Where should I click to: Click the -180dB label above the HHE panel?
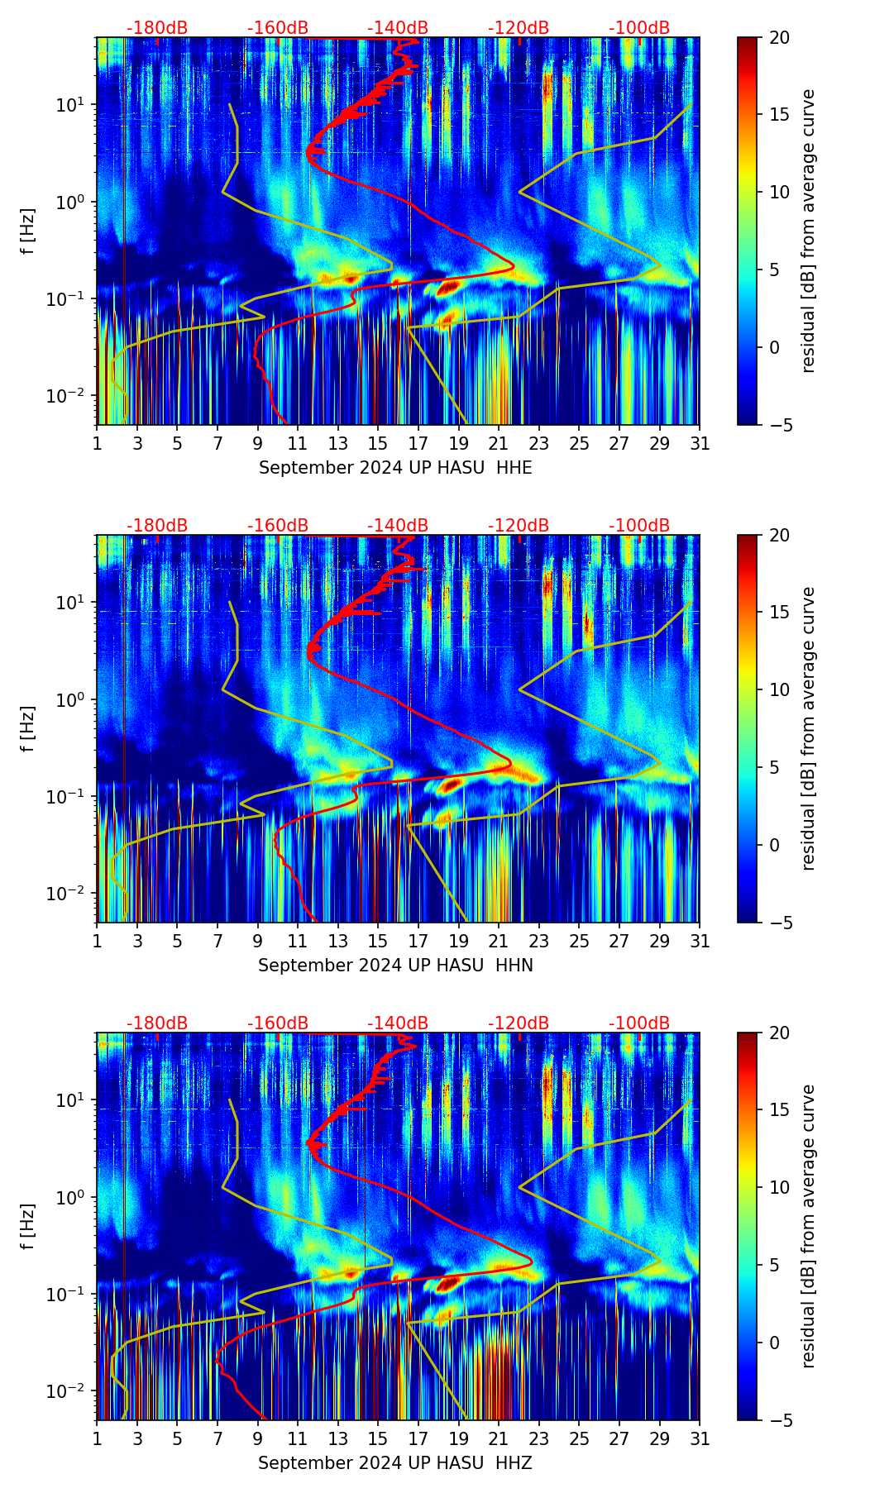157,28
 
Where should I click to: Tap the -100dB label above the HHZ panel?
639,1023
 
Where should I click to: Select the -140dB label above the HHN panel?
398,526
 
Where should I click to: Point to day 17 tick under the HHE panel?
418,443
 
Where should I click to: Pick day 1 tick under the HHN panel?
98,941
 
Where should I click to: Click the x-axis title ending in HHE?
395,468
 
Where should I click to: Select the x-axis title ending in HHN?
395,966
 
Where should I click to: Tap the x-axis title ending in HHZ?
395,1463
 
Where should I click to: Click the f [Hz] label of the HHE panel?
28,231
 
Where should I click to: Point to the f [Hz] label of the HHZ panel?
28,1227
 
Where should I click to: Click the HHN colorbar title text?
808,728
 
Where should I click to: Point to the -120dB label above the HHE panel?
519,28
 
